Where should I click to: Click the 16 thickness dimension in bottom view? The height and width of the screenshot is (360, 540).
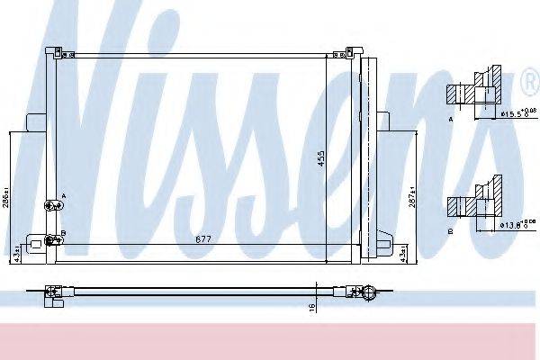(x=312, y=308)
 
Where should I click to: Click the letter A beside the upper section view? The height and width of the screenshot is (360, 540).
(x=450, y=118)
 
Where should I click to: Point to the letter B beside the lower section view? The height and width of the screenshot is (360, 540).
(x=450, y=231)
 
